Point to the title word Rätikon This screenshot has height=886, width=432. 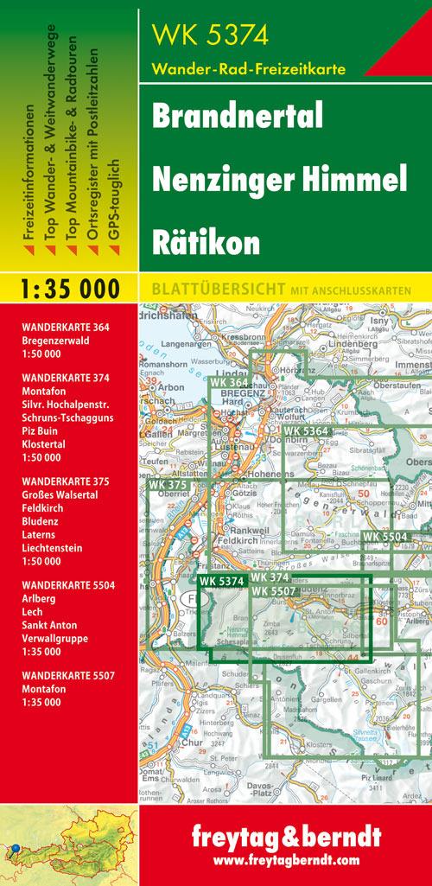point(206,243)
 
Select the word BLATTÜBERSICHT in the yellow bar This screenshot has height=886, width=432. point(207,290)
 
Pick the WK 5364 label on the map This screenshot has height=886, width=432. point(307,430)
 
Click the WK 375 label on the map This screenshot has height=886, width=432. point(167,486)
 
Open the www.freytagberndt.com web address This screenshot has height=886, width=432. point(284,860)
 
